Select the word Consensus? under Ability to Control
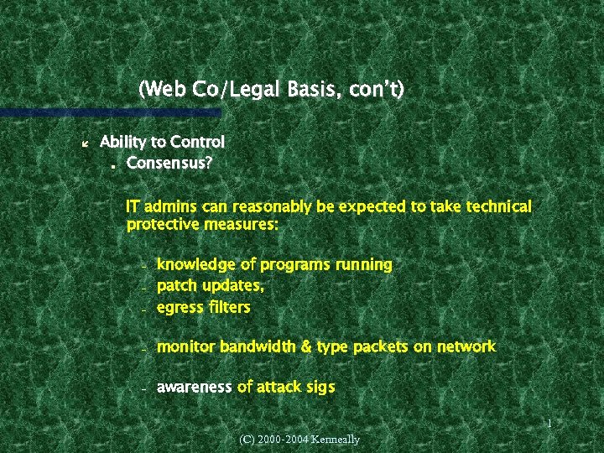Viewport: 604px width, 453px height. (169, 163)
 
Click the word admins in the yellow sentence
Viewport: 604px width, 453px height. (173, 206)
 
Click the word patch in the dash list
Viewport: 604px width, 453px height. (175, 286)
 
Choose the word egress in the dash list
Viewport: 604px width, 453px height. (180, 308)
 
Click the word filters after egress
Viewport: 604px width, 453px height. (229, 307)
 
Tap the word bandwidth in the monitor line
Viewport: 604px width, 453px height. (261, 346)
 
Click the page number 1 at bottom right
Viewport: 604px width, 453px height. (549, 424)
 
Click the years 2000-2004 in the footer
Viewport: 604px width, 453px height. (278, 440)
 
